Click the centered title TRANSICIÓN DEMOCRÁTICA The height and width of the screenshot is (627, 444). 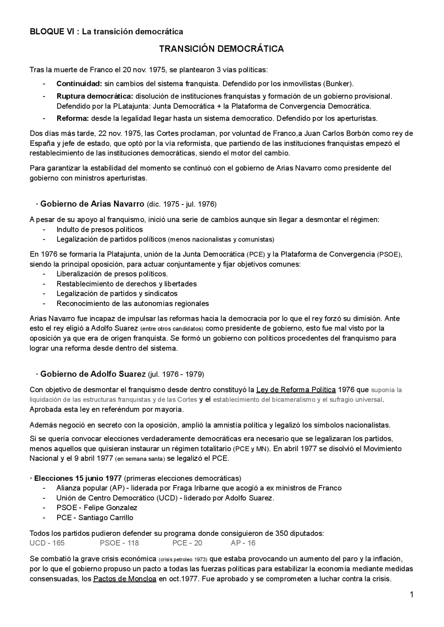[x=221, y=49]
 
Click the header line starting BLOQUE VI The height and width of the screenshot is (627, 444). [x=106, y=32]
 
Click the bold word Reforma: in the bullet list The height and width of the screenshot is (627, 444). [x=73, y=118]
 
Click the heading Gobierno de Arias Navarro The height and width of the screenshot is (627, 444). [x=92, y=204]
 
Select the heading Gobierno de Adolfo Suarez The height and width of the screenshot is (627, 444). [x=93, y=374]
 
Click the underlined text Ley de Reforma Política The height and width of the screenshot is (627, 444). [x=296, y=389]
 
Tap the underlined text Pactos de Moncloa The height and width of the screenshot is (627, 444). [x=125, y=579]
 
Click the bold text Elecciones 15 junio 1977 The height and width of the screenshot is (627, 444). [x=78, y=478]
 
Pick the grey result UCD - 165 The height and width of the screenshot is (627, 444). [x=47, y=543]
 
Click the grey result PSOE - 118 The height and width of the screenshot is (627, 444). [x=119, y=543]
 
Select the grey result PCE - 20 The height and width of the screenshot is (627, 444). [x=187, y=543]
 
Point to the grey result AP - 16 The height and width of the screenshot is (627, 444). [x=243, y=543]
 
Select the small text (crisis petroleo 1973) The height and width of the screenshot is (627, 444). [x=183, y=560]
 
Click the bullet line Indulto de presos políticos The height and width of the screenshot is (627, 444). [x=100, y=230]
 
